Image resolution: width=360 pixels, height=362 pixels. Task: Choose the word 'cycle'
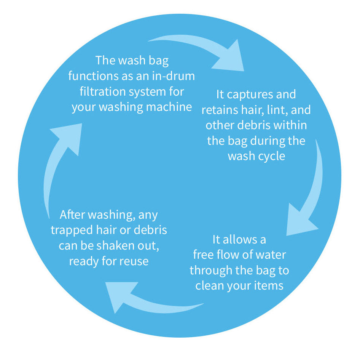271,156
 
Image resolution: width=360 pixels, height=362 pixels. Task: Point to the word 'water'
270,255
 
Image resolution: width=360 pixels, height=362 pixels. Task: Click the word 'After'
72,215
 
